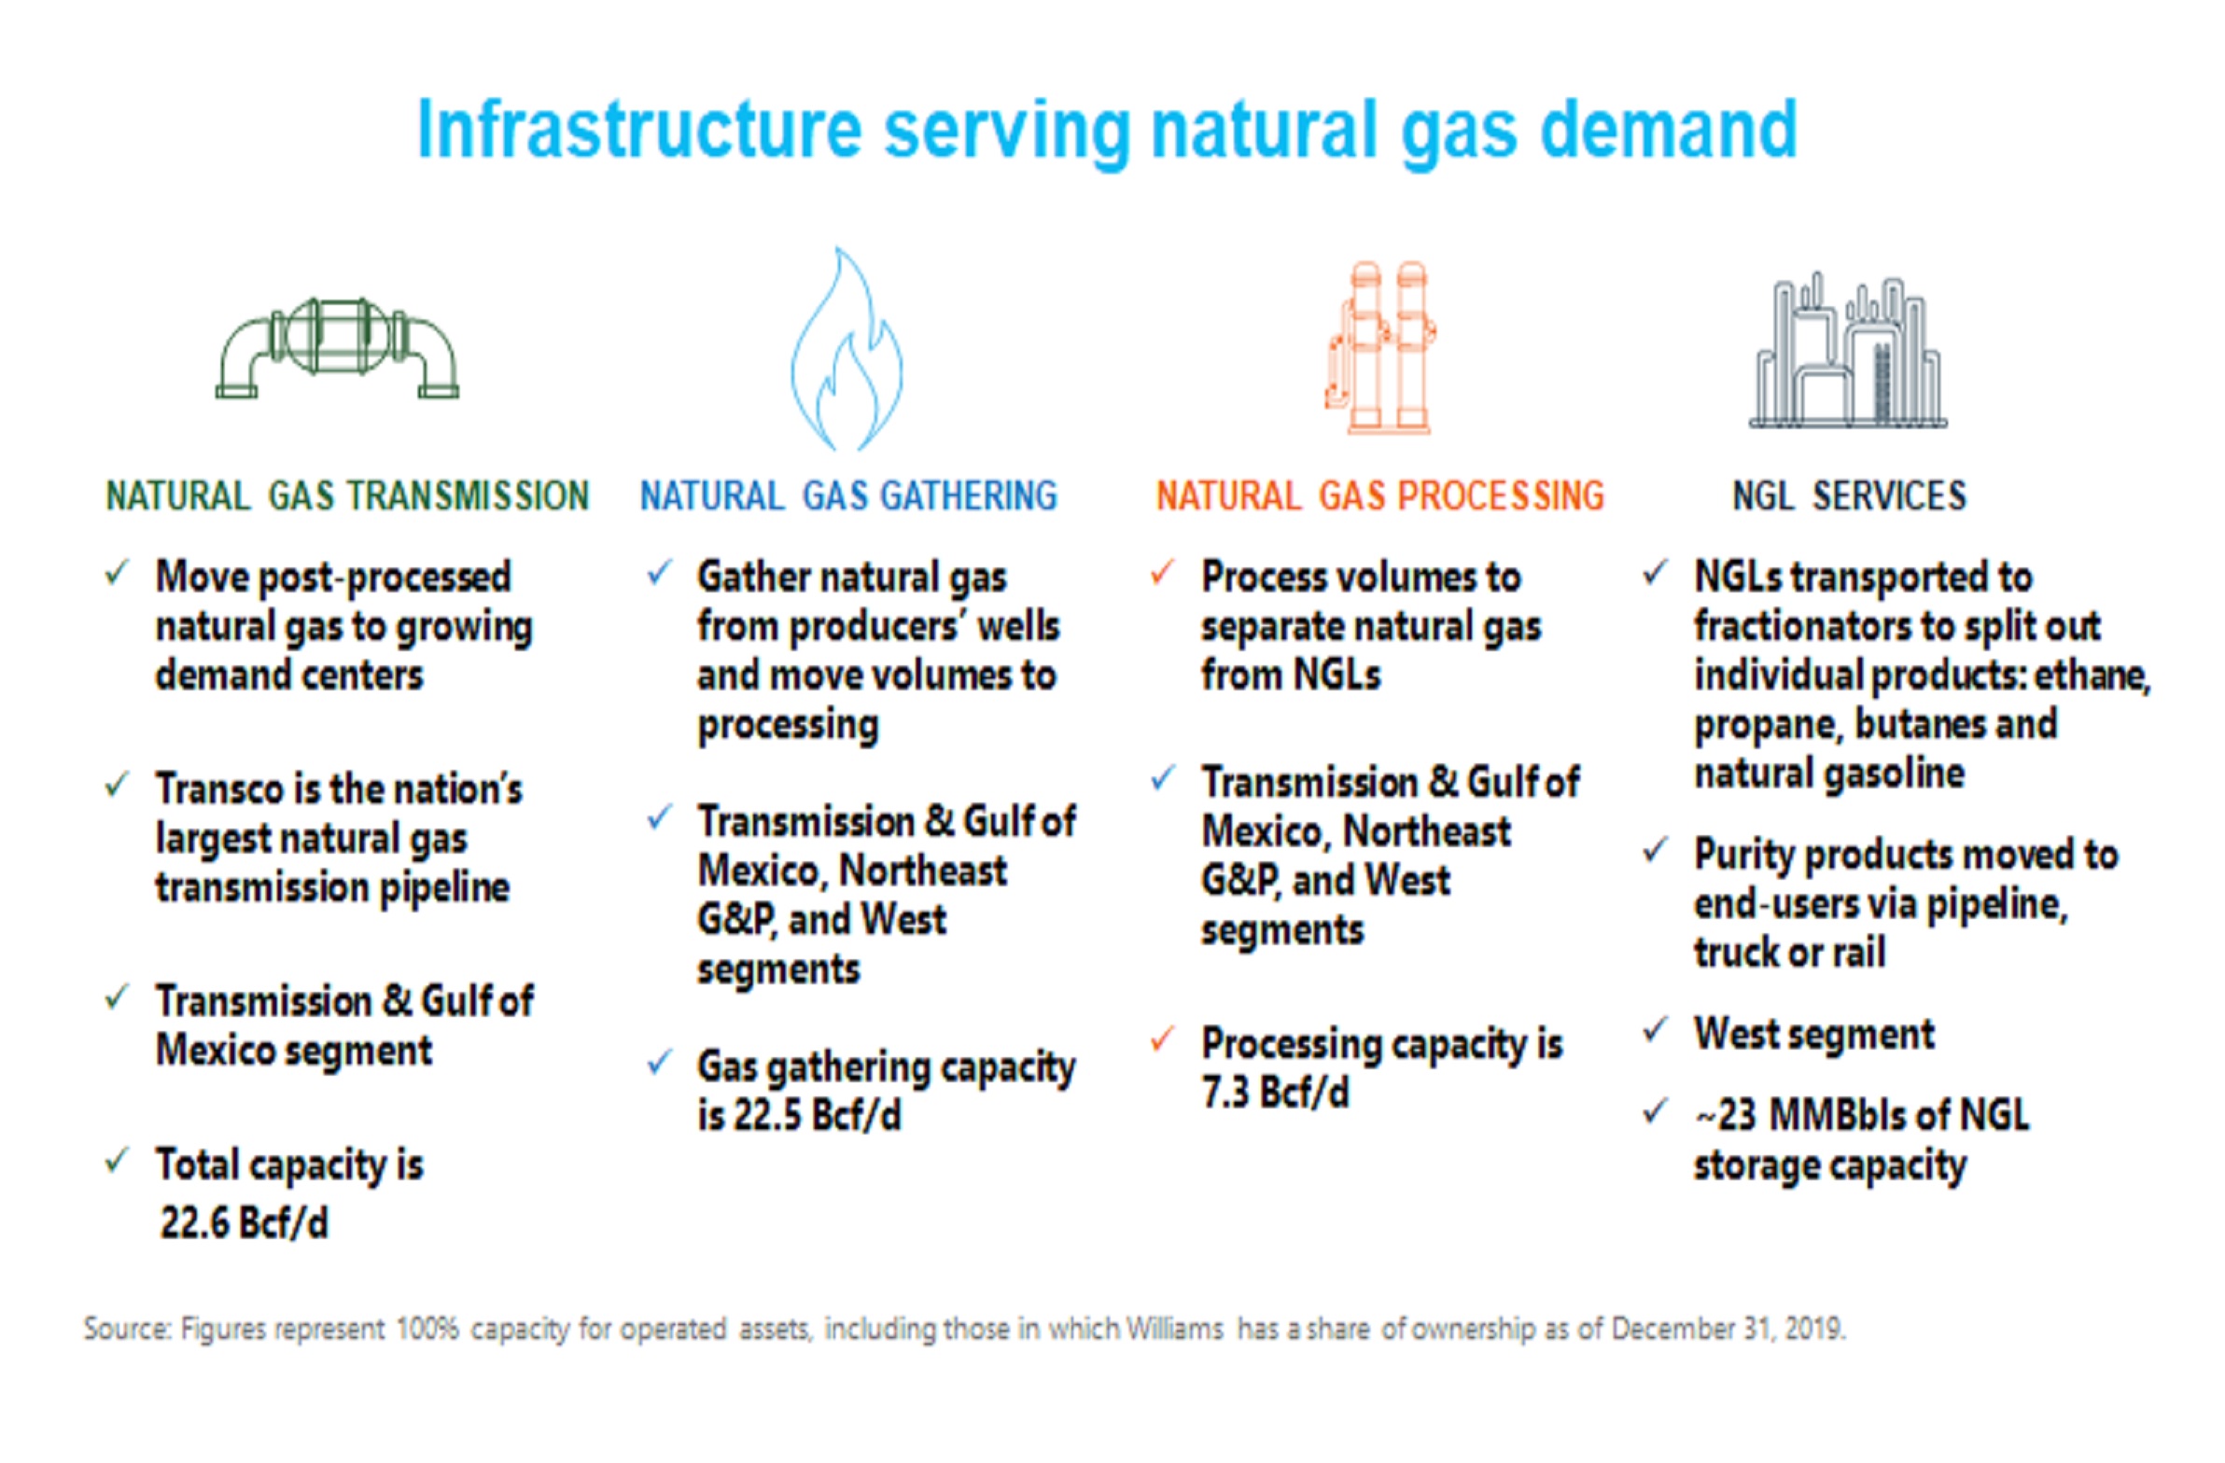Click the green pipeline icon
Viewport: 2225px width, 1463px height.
click(x=338, y=349)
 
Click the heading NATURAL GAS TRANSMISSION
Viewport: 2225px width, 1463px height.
click(x=347, y=495)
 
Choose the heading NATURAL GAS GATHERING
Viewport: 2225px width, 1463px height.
click(x=848, y=495)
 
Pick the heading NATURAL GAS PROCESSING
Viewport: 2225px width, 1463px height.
click(x=1379, y=495)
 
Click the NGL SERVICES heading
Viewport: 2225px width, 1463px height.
click(x=1849, y=495)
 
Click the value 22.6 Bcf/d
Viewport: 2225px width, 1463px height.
click(x=244, y=1222)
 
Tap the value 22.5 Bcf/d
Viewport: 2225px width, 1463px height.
click(x=799, y=1115)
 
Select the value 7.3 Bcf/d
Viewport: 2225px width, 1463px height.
click(x=1275, y=1092)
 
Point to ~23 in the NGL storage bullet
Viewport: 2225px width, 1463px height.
click(x=1725, y=1115)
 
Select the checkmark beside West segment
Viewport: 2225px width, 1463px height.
click(x=1655, y=1030)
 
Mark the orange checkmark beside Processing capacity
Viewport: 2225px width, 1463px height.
click(x=1162, y=1038)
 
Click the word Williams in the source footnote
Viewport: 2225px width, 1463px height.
click(x=1174, y=1329)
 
